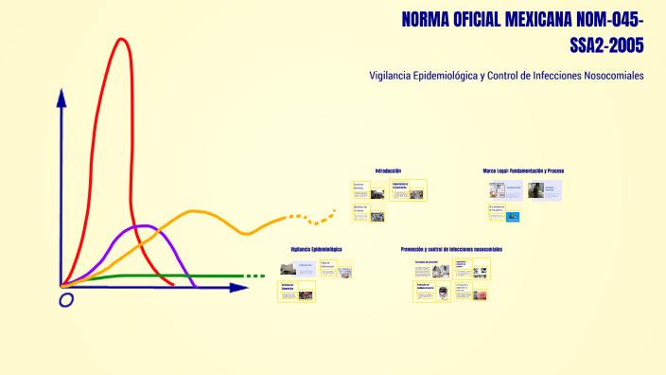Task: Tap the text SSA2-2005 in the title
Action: pyautogui.click(x=607, y=44)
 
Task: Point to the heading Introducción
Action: pyautogui.click(x=388, y=170)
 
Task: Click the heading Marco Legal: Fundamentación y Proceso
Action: pyautogui.click(x=523, y=170)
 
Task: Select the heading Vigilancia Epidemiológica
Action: pyautogui.click(x=316, y=249)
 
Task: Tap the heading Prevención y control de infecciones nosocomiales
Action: pyautogui.click(x=451, y=249)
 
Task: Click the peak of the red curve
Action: pyautogui.click(x=121, y=40)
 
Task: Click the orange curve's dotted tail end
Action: pyautogui.click(x=325, y=220)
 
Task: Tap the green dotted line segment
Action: pyautogui.click(x=254, y=277)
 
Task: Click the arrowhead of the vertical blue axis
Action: pyautogui.click(x=61, y=96)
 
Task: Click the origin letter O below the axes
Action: pyautogui.click(x=66, y=300)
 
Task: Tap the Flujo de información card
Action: pyautogui.click(x=336, y=268)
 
